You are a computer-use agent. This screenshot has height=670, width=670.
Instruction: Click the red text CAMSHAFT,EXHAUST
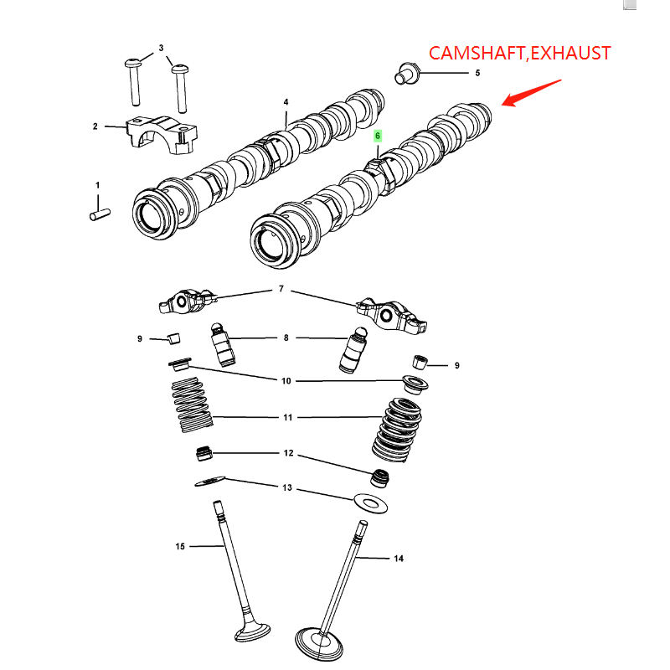(519, 54)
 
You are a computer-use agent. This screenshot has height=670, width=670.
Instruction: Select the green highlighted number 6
(378, 135)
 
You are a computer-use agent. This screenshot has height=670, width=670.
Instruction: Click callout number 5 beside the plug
(477, 74)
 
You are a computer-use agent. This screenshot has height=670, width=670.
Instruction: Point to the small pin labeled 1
(100, 214)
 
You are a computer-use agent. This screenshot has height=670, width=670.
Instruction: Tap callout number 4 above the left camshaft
(286, 102)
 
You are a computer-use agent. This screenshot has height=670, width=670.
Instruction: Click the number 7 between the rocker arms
(281, 289)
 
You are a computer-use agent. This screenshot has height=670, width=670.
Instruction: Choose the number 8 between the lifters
(286, 338)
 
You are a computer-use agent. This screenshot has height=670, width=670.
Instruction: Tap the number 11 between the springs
(287, 416)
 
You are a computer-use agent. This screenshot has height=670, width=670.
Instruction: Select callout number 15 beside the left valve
(180, 546)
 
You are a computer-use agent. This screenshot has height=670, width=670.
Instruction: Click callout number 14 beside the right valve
(398, 558)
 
